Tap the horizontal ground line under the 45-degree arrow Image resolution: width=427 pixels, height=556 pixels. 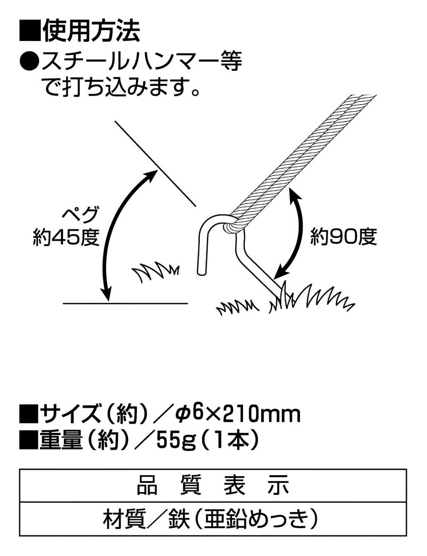(125, 303)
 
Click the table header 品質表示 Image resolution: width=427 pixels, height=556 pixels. (213, 485)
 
